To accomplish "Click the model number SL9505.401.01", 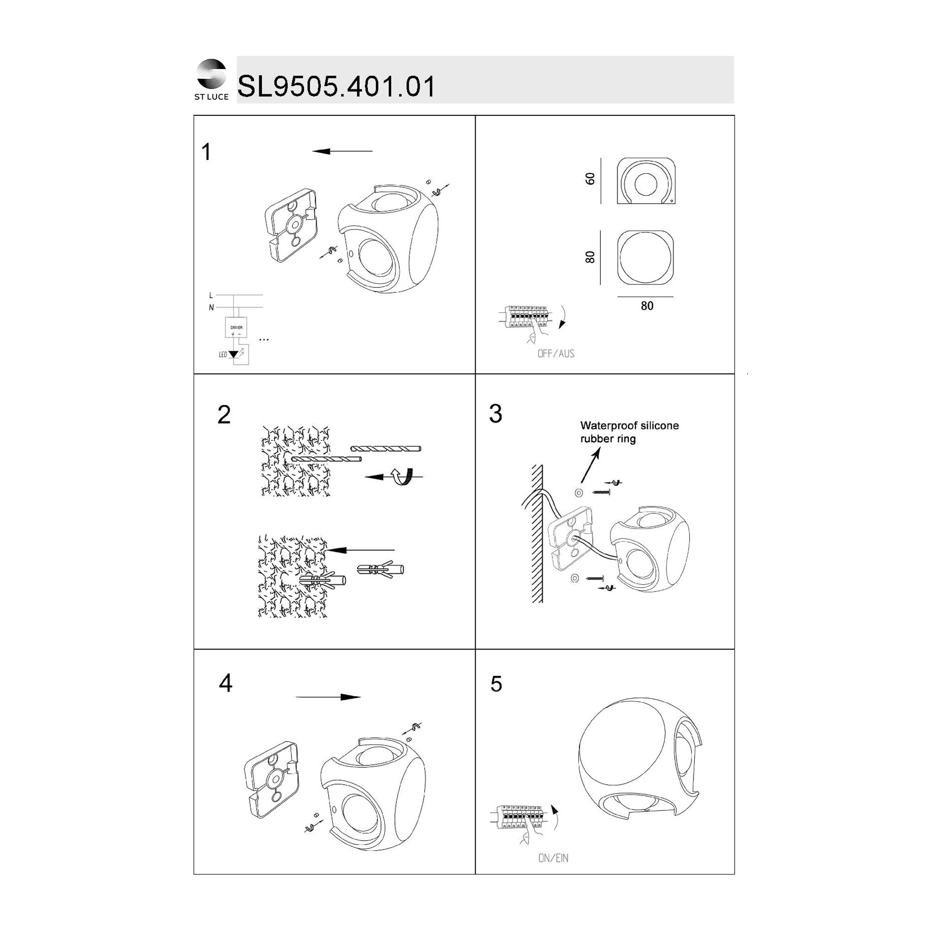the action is coord(337,86).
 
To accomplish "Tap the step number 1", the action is coord(206,152).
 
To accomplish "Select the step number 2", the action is coord(224,414).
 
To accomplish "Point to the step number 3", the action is coord(495,413).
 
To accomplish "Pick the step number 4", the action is coord(226,683).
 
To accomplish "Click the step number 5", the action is coord(496,684).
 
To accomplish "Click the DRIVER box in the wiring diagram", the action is coord(236,327).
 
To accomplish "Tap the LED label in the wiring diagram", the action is coord(222,355).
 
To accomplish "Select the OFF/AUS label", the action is coord(556,354).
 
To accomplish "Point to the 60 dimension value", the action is coord(590,178).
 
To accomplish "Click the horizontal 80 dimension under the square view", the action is coord(647,305).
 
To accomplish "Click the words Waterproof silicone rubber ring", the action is coord(629,432).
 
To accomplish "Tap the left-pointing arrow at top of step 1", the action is coord(342,151).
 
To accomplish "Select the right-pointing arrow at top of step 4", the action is coord(328,697).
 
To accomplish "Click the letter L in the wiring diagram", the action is coord(211,296).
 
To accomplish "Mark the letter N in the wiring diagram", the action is coord(211,308).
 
